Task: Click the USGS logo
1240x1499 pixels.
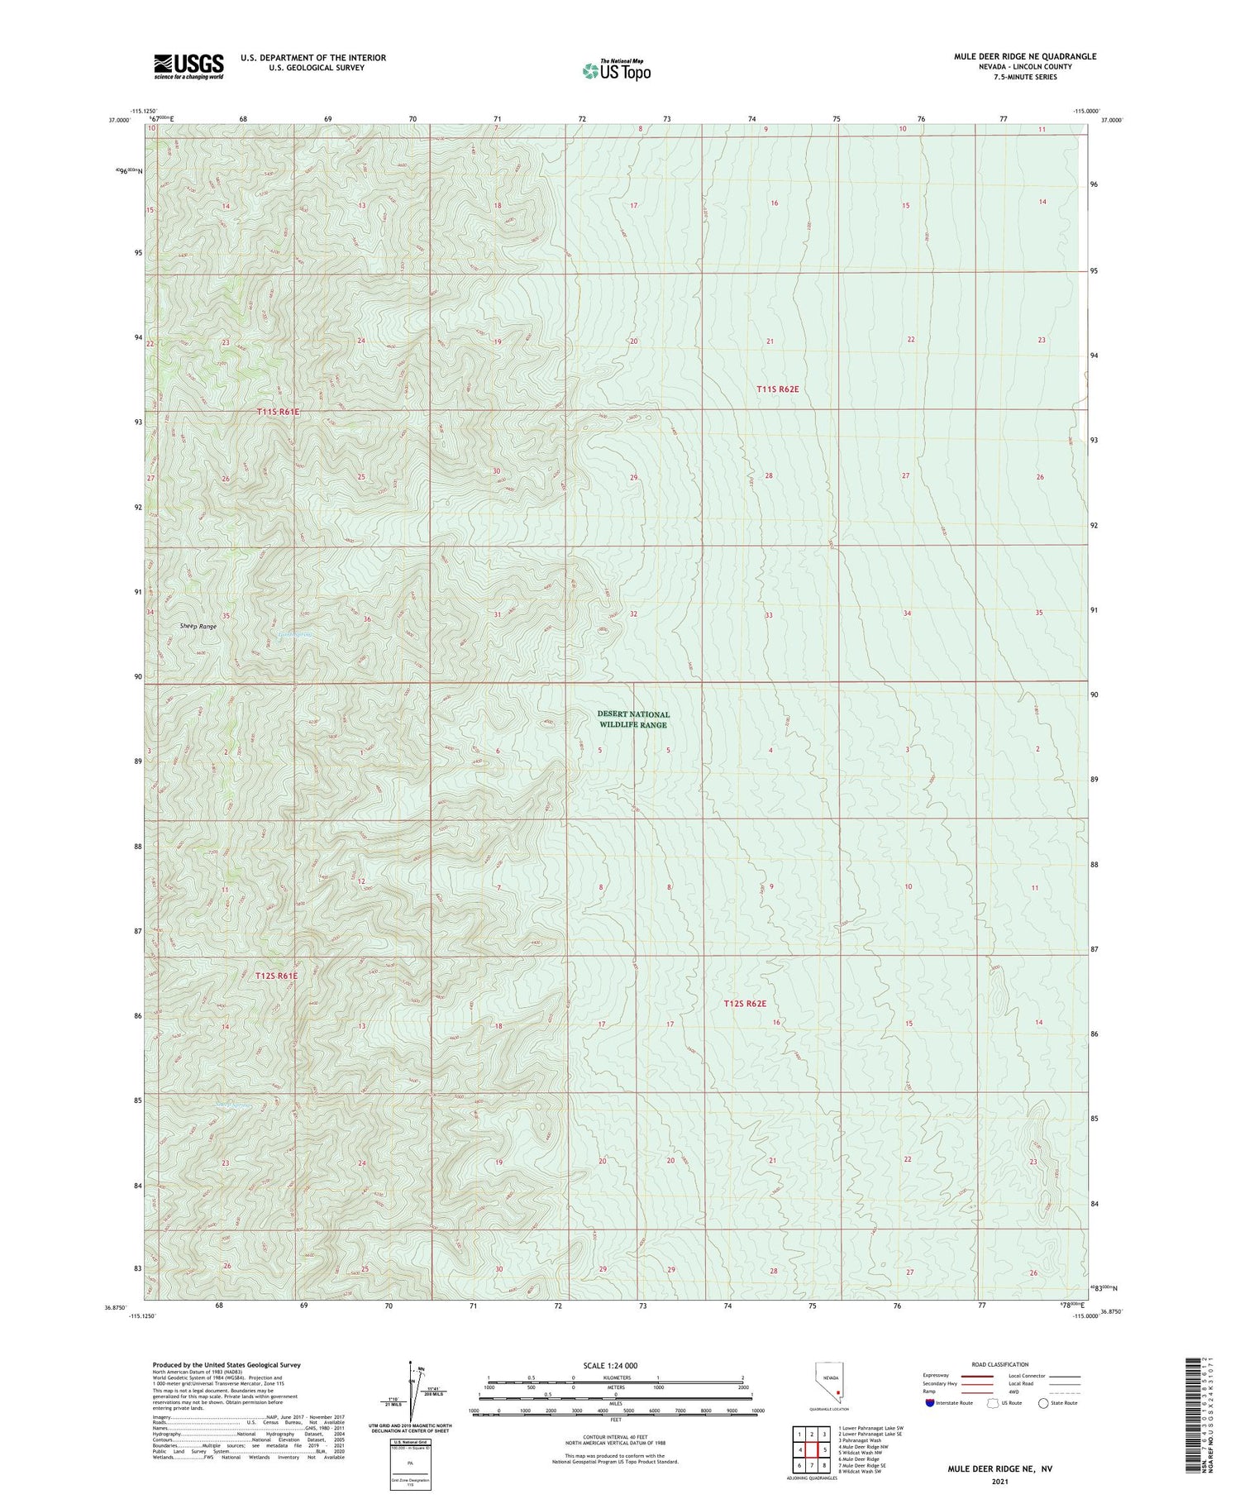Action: click(x=188, y=66)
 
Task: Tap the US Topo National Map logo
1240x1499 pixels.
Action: click(x=617, y=70)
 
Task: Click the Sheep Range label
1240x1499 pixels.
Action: click(x=198, y=627)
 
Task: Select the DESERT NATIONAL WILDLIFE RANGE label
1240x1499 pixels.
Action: click(x=633, y=719)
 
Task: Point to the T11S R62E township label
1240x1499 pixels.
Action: click(x=778, y=389)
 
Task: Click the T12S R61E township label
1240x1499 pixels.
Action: click(x=276, y=976)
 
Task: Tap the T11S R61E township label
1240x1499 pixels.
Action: click(x=278, y=411)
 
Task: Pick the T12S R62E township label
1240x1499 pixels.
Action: click(x=745, y=1004)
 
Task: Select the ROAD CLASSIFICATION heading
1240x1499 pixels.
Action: click(x=1000, y=1364)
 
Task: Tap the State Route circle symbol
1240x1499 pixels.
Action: click(x=1043, y=1403)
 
